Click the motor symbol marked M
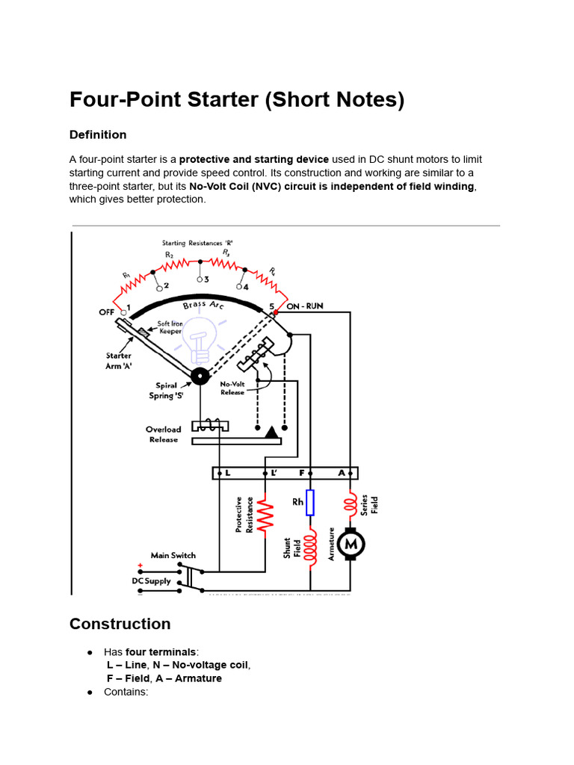(350, 545)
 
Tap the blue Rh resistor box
(311, 503)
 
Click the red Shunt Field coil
(311, 548)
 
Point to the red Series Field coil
(349, 506)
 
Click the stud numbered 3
(201, 279)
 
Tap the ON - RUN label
(305, 306)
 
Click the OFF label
(108, 312)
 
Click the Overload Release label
(163, 434)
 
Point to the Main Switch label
(173, 555)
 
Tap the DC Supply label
(152, 580)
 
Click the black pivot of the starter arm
(200, 376)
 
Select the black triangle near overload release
(270, 432)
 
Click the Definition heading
(98, 134)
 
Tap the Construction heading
(120, 624)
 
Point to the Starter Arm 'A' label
(118, 360)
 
